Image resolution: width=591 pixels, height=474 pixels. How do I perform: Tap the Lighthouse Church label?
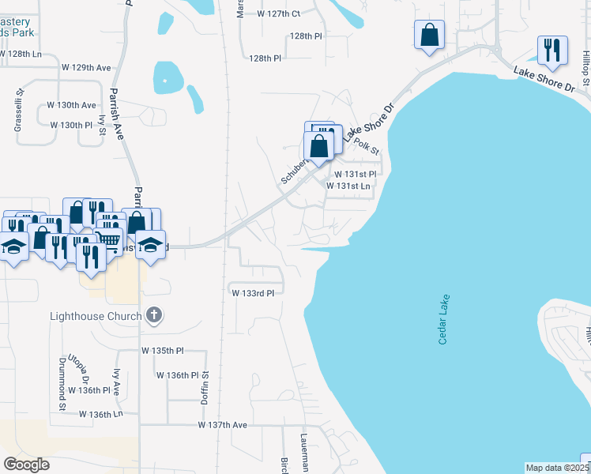pyautogui.click(x=96, y=316)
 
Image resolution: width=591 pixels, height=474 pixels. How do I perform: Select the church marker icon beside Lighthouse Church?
pyautogui.click(x=154, y=316)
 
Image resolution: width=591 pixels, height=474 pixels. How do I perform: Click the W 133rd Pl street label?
pyautogui.click(x=253, y=292)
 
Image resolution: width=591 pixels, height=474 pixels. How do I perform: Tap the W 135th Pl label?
pyautogui.click(x=162, y=350)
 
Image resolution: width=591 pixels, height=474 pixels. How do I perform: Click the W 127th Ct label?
pyautogui.click(x=279, y=13)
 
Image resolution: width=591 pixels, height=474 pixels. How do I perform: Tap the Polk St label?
pyautogui.click(x=367, y=145)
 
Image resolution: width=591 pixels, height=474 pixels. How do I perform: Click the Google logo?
pyautogui.click(x=26, y=465)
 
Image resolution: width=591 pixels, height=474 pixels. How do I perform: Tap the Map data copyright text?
pyautogui.click(x=557, y=468)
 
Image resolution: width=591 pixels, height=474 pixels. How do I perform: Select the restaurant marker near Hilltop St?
pyautogui.click(x=551, y=50)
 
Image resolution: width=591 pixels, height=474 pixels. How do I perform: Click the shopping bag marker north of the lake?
pyautogui.click(x=429, y=35)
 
